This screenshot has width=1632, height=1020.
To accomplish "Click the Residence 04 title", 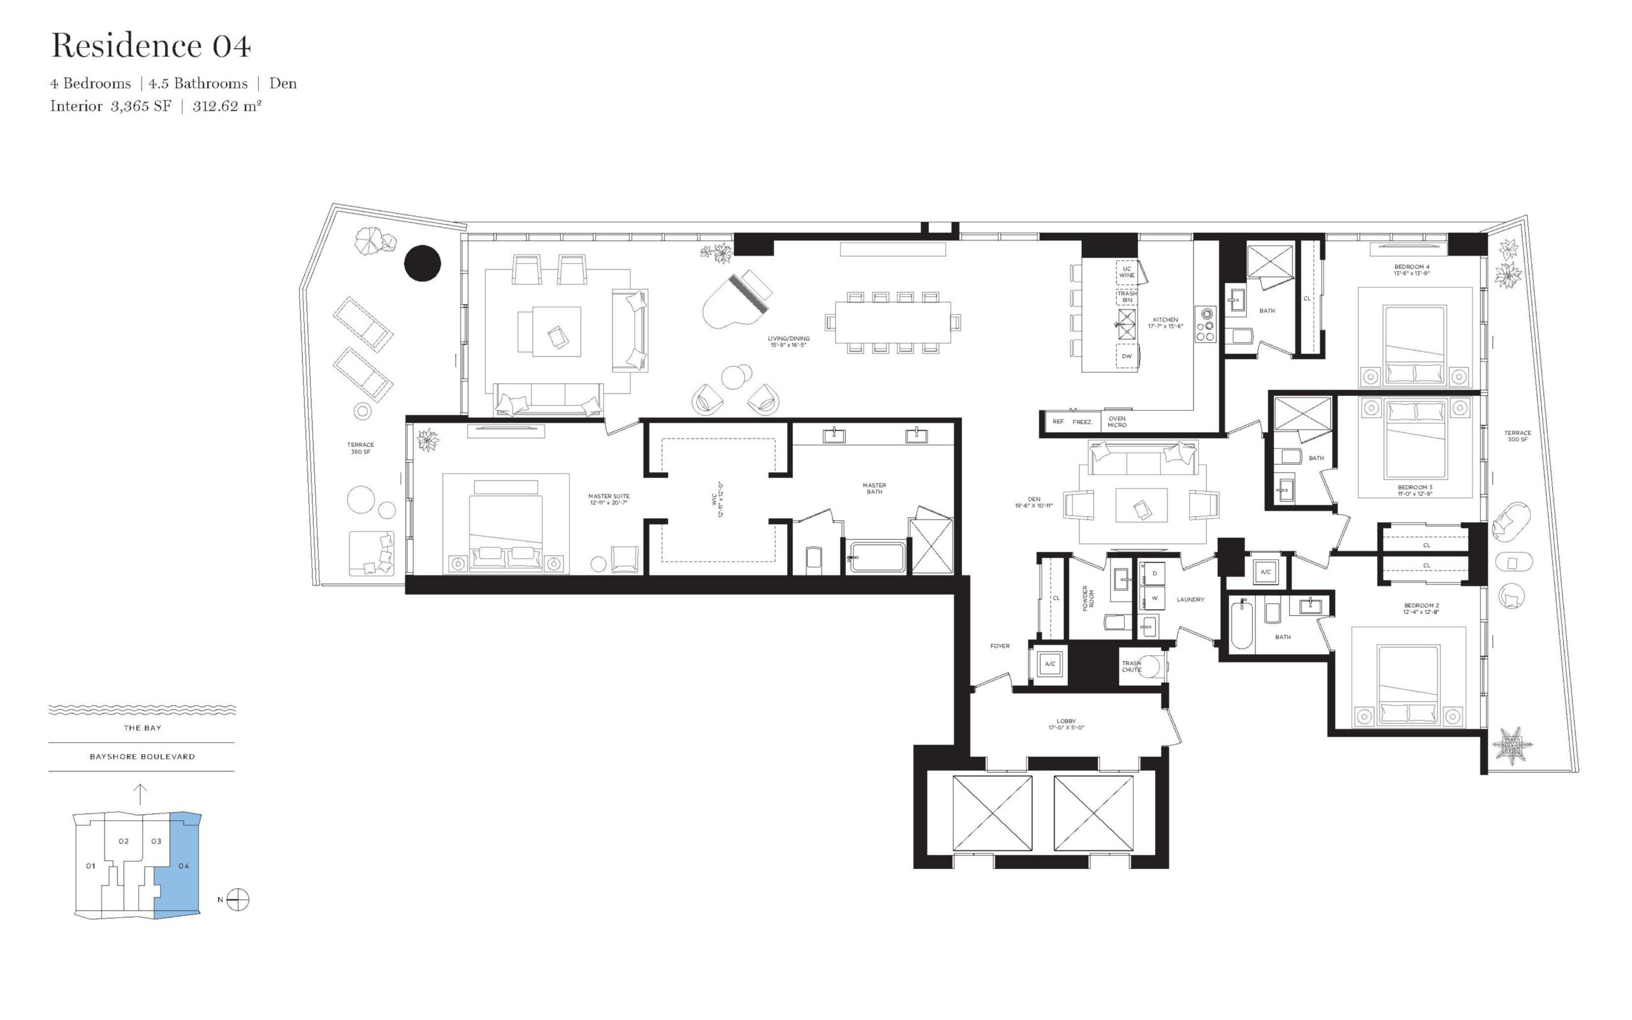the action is (151, 46).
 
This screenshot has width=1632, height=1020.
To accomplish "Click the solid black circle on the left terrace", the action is (422, 263).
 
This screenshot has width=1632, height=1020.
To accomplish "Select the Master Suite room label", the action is (608, 499).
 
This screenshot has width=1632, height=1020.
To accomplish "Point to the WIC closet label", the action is (720, 499).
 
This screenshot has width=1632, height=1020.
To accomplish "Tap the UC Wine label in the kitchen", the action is (1127, 272).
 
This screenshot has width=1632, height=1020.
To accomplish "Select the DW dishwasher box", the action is (1127, 356).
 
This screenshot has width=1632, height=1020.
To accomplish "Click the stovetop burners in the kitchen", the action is (1205, 324).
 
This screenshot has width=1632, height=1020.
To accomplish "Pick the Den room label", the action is (1033, 502).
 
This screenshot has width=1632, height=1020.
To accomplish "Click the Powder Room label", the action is (1088, 599).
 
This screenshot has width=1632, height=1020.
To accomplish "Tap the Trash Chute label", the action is (1131, 667).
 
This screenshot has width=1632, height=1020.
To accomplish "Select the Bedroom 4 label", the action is (1411, 270).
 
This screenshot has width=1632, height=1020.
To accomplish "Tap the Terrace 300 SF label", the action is (1517, 437).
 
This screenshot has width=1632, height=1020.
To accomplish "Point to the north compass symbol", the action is (237, 900).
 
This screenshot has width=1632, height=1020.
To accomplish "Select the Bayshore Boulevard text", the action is (142, 757).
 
